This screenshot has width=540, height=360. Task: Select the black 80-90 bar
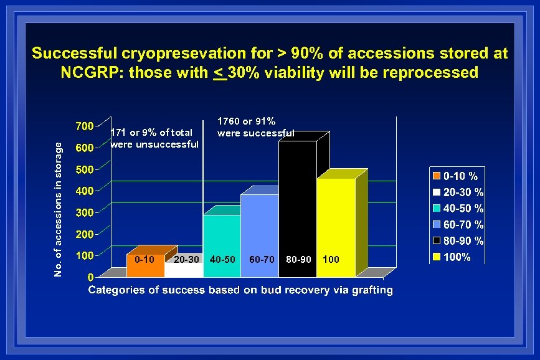click(x=297, y=199)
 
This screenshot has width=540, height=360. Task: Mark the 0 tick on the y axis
click(x=90, y=277)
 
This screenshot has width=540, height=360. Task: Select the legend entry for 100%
click(x=458, y=257)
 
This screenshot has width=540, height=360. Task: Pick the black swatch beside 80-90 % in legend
click(x=437, y=241)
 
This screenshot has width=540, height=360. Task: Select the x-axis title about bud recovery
click(x=240, y=290)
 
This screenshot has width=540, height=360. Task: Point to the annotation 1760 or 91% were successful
click(x=255, y=126)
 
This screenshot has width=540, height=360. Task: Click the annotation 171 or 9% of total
click(x=154, y=138)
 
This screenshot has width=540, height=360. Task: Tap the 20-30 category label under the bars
click(x=187, y=258)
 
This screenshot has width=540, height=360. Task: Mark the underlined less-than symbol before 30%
click(x=219, y=73)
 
